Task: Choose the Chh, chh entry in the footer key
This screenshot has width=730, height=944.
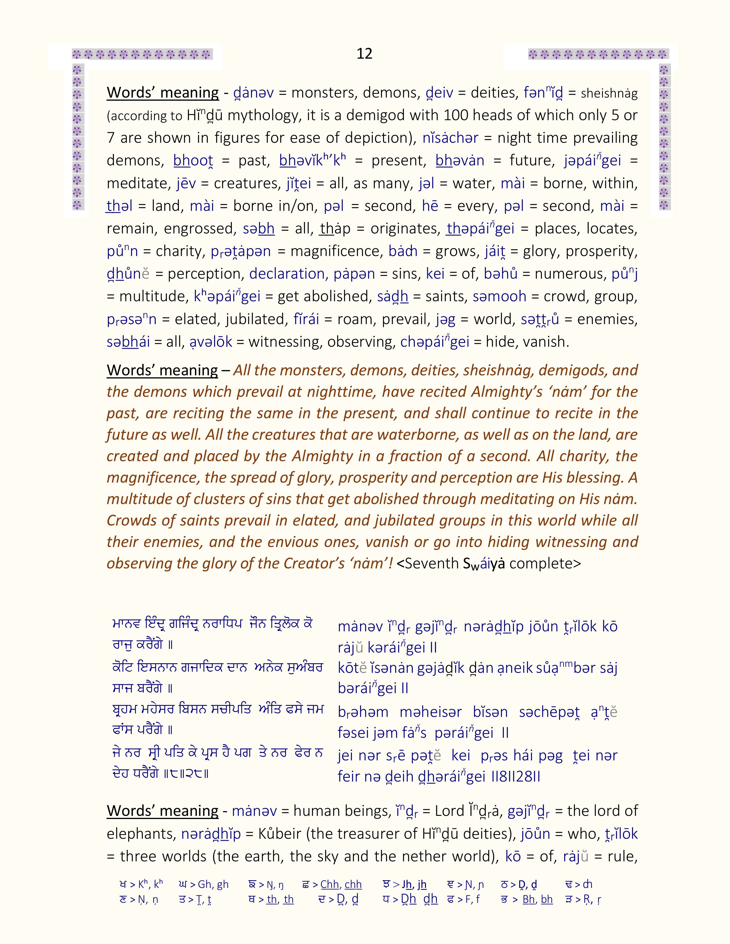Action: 332,885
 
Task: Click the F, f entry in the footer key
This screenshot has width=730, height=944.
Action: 464,899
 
